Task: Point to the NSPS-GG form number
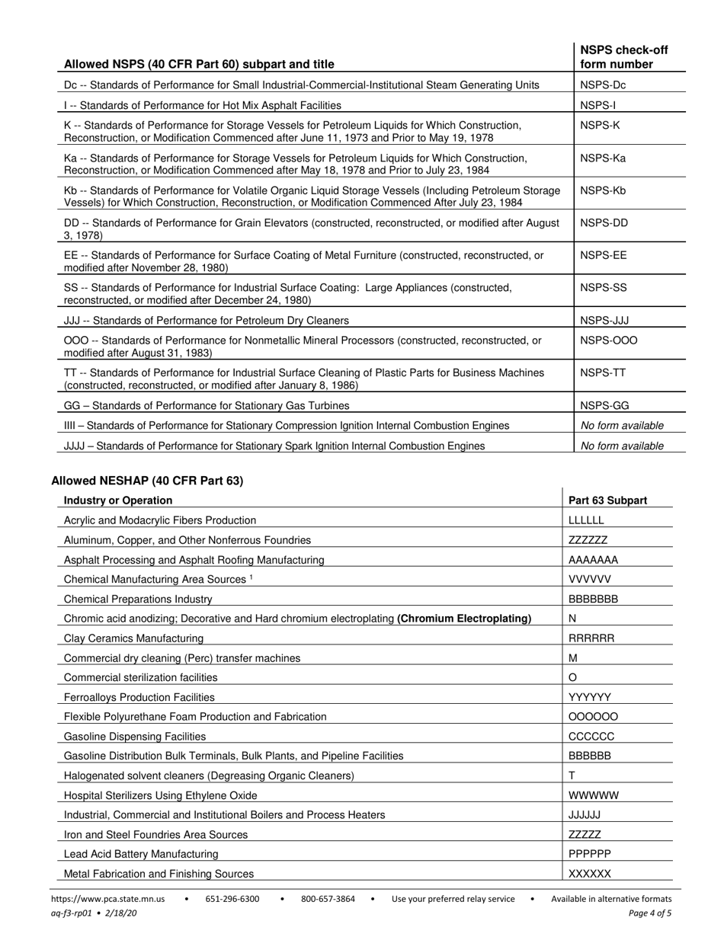tap(604, 405)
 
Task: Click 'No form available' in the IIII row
tap(622, 425)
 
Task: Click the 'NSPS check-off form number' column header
tap(623, 57)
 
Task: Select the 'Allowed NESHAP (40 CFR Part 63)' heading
tap(147, 481)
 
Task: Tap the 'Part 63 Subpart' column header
tap(607, 500)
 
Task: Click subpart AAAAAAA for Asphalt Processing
tap(593, 560)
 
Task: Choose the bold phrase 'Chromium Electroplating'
tap(464, 619)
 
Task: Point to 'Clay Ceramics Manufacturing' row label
tap(133, 638)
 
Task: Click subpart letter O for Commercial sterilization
tap(573, 677)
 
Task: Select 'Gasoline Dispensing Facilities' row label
tap(135, 737)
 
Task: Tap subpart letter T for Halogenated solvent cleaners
tap(572, 776)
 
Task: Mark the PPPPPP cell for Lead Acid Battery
tap(590, 854)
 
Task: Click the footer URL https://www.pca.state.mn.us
tap(109, 899)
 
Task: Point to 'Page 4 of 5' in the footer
tap(650, 913)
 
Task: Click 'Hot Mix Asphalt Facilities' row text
tap(202, 105)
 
